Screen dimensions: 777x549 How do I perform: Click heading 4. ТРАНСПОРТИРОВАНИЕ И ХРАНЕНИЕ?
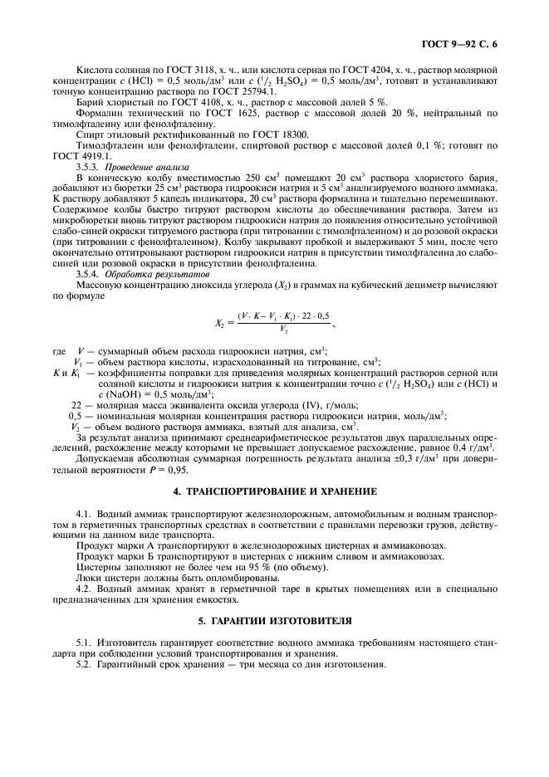click(x=274, y=491)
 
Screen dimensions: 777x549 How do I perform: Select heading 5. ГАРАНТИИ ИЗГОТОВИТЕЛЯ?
click(x=274, y=620)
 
